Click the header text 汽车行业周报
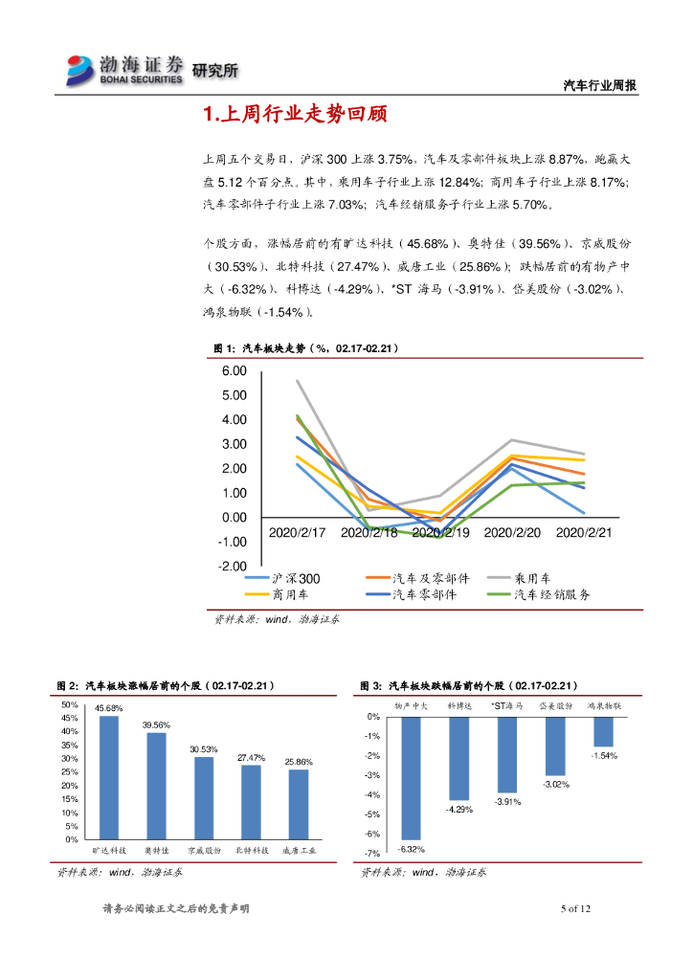coord(599,86)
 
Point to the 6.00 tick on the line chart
coord(234,371)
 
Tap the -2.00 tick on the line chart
coord(233,567)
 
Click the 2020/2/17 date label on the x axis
coord(298,532)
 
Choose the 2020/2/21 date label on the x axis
coord(584,532)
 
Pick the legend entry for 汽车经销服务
coord(552,595)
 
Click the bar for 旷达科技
coord(109,777)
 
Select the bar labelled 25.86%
coord(299,804)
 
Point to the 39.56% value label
coord(156,725)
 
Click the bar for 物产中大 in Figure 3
coord(412,777)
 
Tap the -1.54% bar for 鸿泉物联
coord(603,731)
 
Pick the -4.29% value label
coord(459,810)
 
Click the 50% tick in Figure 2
coord(71,704)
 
